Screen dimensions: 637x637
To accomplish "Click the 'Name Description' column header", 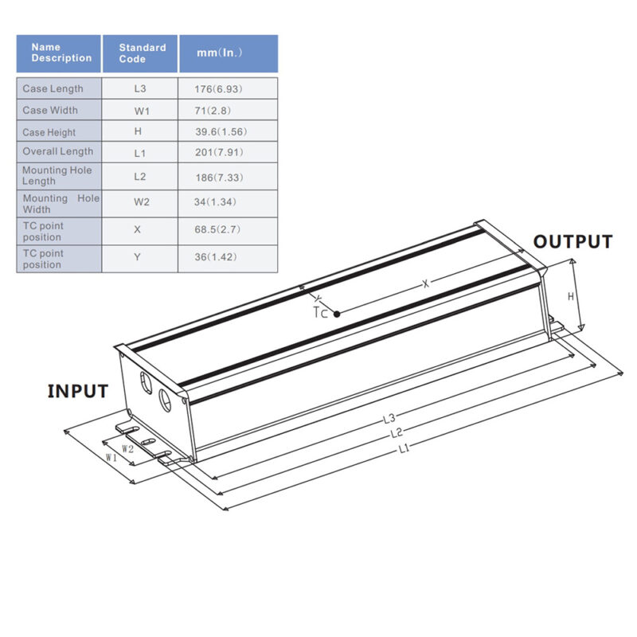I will [x=59, y=53].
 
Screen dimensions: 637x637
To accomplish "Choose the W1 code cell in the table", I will [x=141, y=111].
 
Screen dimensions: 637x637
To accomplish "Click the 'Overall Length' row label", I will [x=57, y=151].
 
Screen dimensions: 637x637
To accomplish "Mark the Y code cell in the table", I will [x=141, y=258].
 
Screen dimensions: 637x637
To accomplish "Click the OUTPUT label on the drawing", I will [x=573, y=242].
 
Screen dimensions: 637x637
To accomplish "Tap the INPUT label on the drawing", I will [x=78, y=391].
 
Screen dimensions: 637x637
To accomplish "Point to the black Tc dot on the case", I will [x=338, y=314].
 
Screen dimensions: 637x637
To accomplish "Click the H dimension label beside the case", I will [x=570, y=296].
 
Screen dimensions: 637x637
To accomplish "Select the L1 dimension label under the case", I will [x=404, y=449].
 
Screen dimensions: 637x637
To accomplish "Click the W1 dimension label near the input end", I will [x=111, y=458].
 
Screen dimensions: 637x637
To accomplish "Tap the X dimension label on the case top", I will [x=426, y=283].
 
